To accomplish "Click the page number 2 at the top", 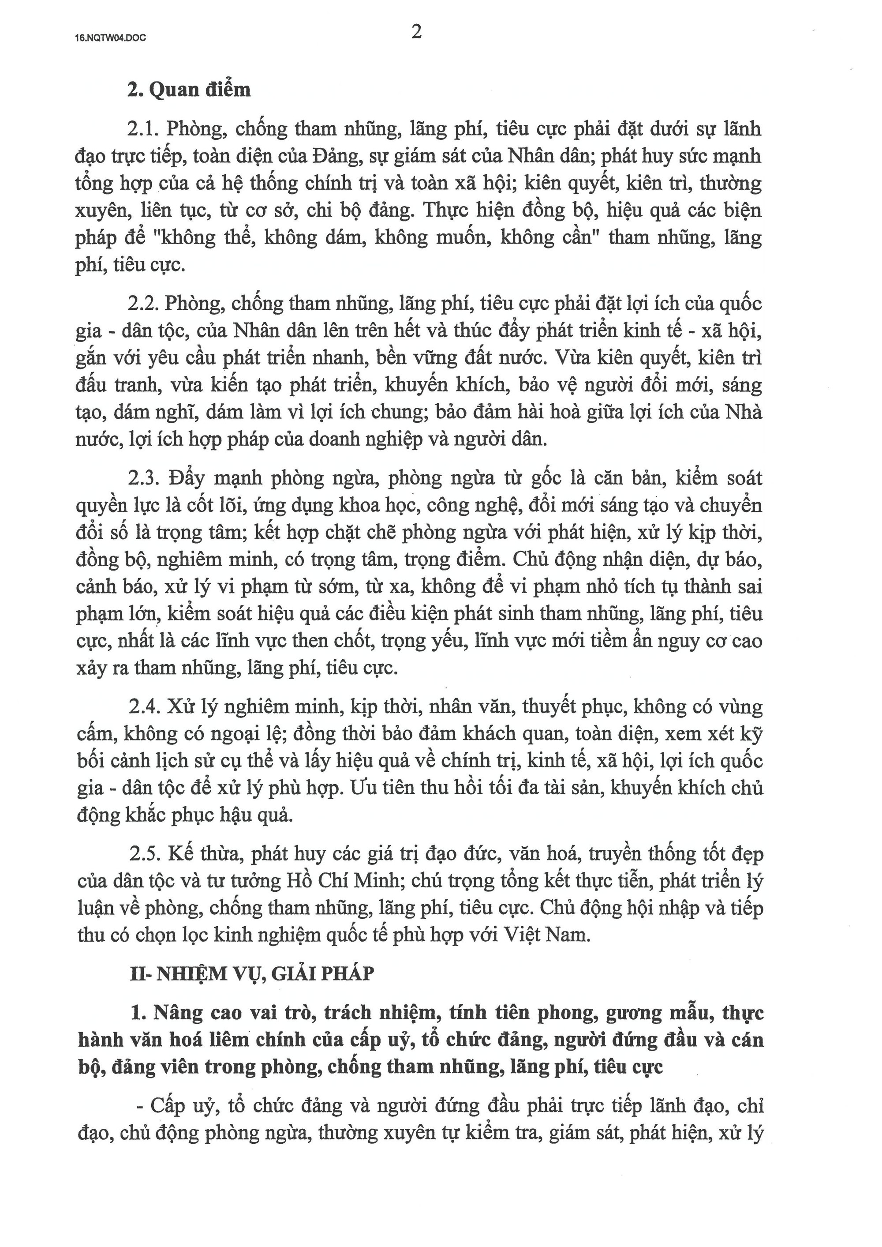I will (417, 33).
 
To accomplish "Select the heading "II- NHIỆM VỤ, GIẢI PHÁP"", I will (253, 974).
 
